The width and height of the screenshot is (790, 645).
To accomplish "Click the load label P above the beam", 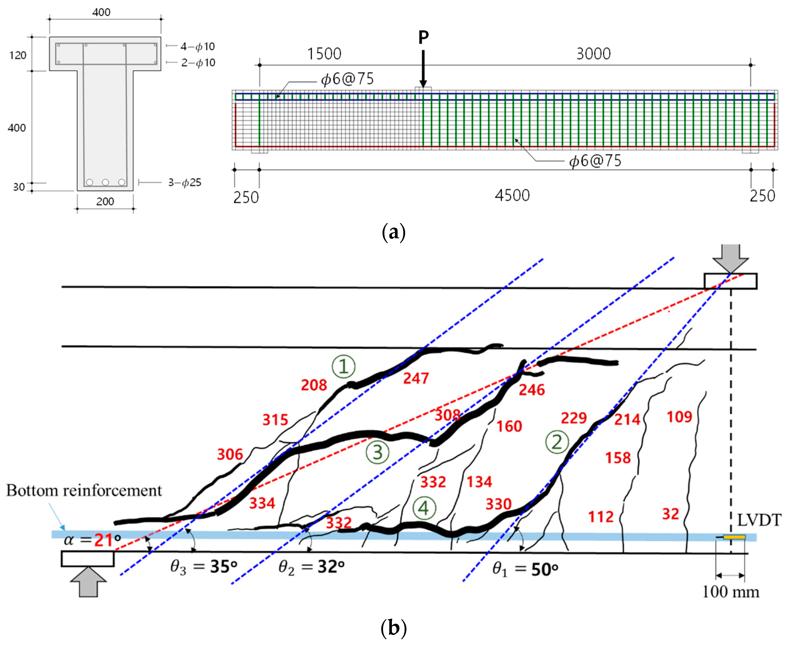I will tap(423, 37).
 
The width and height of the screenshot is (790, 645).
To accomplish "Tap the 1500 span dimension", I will tap(324, 54).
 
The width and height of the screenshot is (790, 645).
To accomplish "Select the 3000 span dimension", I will tap(593, 54).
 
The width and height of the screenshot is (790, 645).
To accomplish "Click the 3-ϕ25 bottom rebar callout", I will tap(185, 183).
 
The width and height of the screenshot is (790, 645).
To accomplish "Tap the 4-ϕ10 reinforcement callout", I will tap(197, 46).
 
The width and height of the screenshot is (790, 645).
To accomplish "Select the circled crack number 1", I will tap(343, 366).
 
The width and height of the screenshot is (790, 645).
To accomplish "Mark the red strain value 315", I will tap(275, 420).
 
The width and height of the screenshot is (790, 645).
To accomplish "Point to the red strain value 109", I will tap(679, 417).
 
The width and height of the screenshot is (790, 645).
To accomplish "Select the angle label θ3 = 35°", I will tap(203, 567).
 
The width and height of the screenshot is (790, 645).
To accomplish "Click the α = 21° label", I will tap(92, 540).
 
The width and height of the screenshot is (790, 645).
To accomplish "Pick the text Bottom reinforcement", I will tap(84, 490).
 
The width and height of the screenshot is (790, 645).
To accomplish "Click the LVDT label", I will tap(759, 520).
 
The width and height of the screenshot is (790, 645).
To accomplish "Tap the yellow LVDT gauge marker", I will tap(734, 537).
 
